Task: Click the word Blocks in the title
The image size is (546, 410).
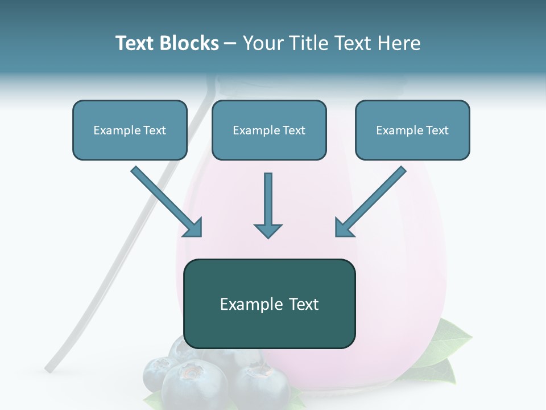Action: point(189,43)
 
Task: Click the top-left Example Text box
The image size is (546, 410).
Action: point(130,130)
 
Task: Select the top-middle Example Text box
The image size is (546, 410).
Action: point(269,130)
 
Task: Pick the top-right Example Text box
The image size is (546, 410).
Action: point(412,130)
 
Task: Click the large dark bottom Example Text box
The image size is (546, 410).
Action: point(270,304)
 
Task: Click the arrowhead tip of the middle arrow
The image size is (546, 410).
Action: point(268,236)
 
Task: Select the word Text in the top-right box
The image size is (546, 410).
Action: point(437,130)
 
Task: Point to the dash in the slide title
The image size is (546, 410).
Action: point(230,43)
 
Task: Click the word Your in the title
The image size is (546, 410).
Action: point(262,43)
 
